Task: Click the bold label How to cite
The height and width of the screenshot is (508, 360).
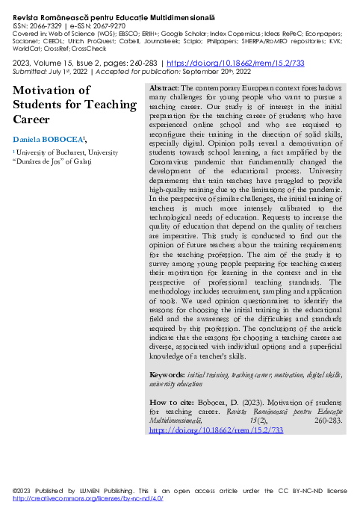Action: [x=169, y=402]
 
